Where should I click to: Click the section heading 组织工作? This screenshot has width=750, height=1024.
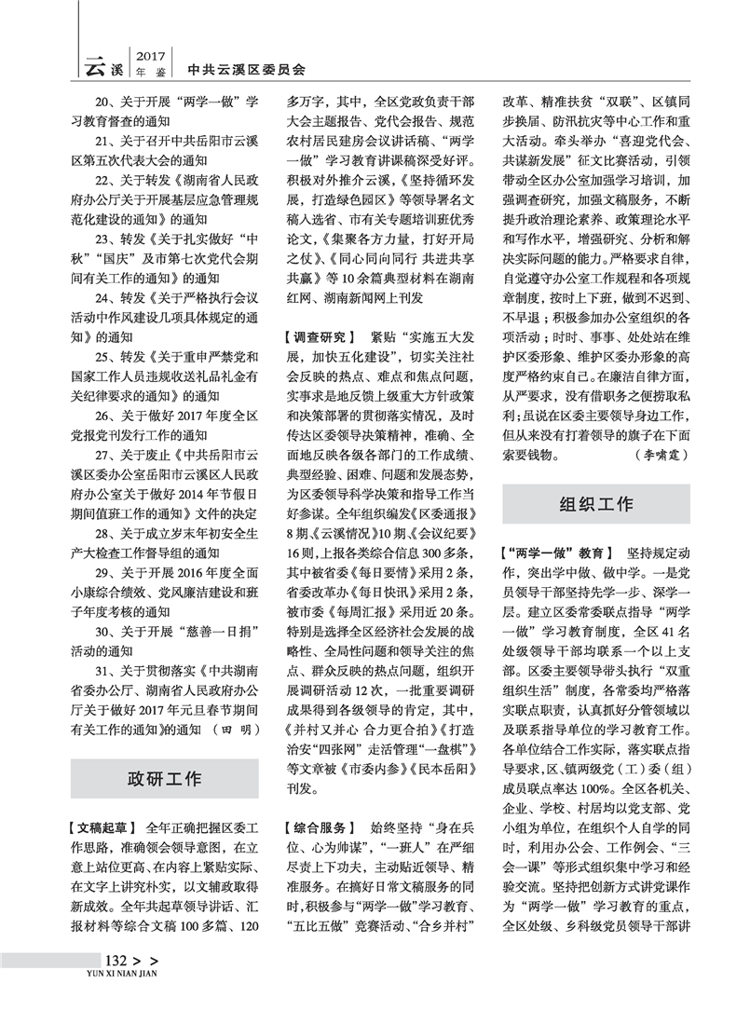click(x=595, y=504)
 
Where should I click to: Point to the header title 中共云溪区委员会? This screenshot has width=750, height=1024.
click(x=246, y=69)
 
